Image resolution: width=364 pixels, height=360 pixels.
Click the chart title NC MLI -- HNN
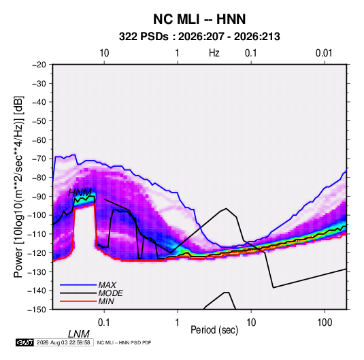point(199,19)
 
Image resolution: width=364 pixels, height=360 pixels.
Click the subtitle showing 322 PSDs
point(199,37)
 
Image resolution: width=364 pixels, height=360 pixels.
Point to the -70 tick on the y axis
point(39,159)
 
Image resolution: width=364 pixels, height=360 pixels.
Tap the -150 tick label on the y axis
point(37,310)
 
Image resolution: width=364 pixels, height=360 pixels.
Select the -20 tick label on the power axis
point(39,65)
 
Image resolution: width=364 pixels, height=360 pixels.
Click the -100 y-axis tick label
point(37,215)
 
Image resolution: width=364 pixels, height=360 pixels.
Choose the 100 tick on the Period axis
point(325,323)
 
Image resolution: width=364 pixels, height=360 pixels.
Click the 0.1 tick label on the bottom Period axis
point(104,323)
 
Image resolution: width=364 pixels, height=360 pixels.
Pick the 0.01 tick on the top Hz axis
point(324,53)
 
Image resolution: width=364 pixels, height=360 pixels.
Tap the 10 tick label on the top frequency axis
point(104,53)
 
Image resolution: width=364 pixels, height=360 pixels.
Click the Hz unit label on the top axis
point(214,53)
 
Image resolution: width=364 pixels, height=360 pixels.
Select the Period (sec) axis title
point(214,330)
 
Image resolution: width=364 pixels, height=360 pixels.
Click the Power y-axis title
point(18,186)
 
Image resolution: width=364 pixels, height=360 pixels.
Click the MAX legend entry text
point(107,285)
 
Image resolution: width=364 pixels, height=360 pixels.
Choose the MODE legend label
point(110,293)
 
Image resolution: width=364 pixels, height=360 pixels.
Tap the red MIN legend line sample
point(78,301)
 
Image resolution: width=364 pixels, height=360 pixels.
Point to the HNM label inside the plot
point(80,193)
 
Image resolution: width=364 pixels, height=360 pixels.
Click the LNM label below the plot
point(78,334)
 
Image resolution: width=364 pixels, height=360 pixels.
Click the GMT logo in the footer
point(24,342)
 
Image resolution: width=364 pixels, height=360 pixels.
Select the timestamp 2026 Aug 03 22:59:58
point(63,342)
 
